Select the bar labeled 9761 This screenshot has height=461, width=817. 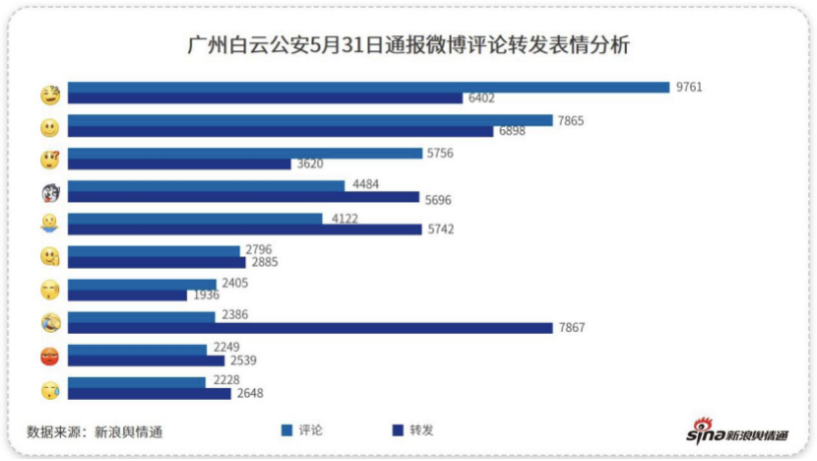click(x=368, y=87)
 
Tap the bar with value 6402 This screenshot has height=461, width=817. click(x=265, y=99)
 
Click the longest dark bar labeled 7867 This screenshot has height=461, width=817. click(x=310, y=328)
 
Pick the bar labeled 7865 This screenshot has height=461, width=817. click(x=310, y=120)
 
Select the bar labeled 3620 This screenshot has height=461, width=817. click(x=179, y=165)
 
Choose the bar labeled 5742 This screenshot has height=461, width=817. click(x=245, y=230)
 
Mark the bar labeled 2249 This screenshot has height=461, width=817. click(x=137, y=349)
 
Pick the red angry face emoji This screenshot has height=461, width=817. click(x=50, y=355)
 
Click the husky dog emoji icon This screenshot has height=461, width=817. click(x=50, y=191)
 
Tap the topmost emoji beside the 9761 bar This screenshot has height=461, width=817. click(x=50, y=95)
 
